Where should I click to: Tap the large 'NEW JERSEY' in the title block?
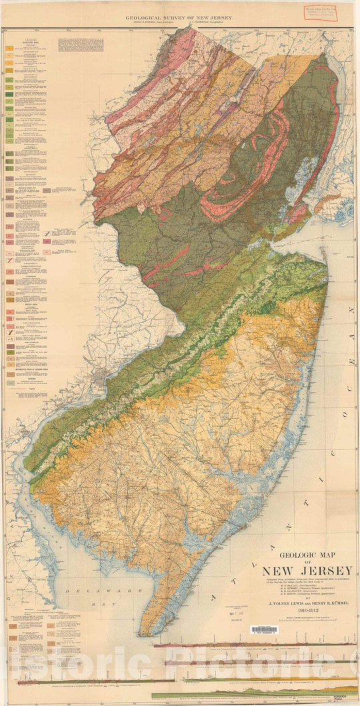(x=307, y=571)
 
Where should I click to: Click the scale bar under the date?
(x=307, y=618)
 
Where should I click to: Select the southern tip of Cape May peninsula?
(x=141, y=632)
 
